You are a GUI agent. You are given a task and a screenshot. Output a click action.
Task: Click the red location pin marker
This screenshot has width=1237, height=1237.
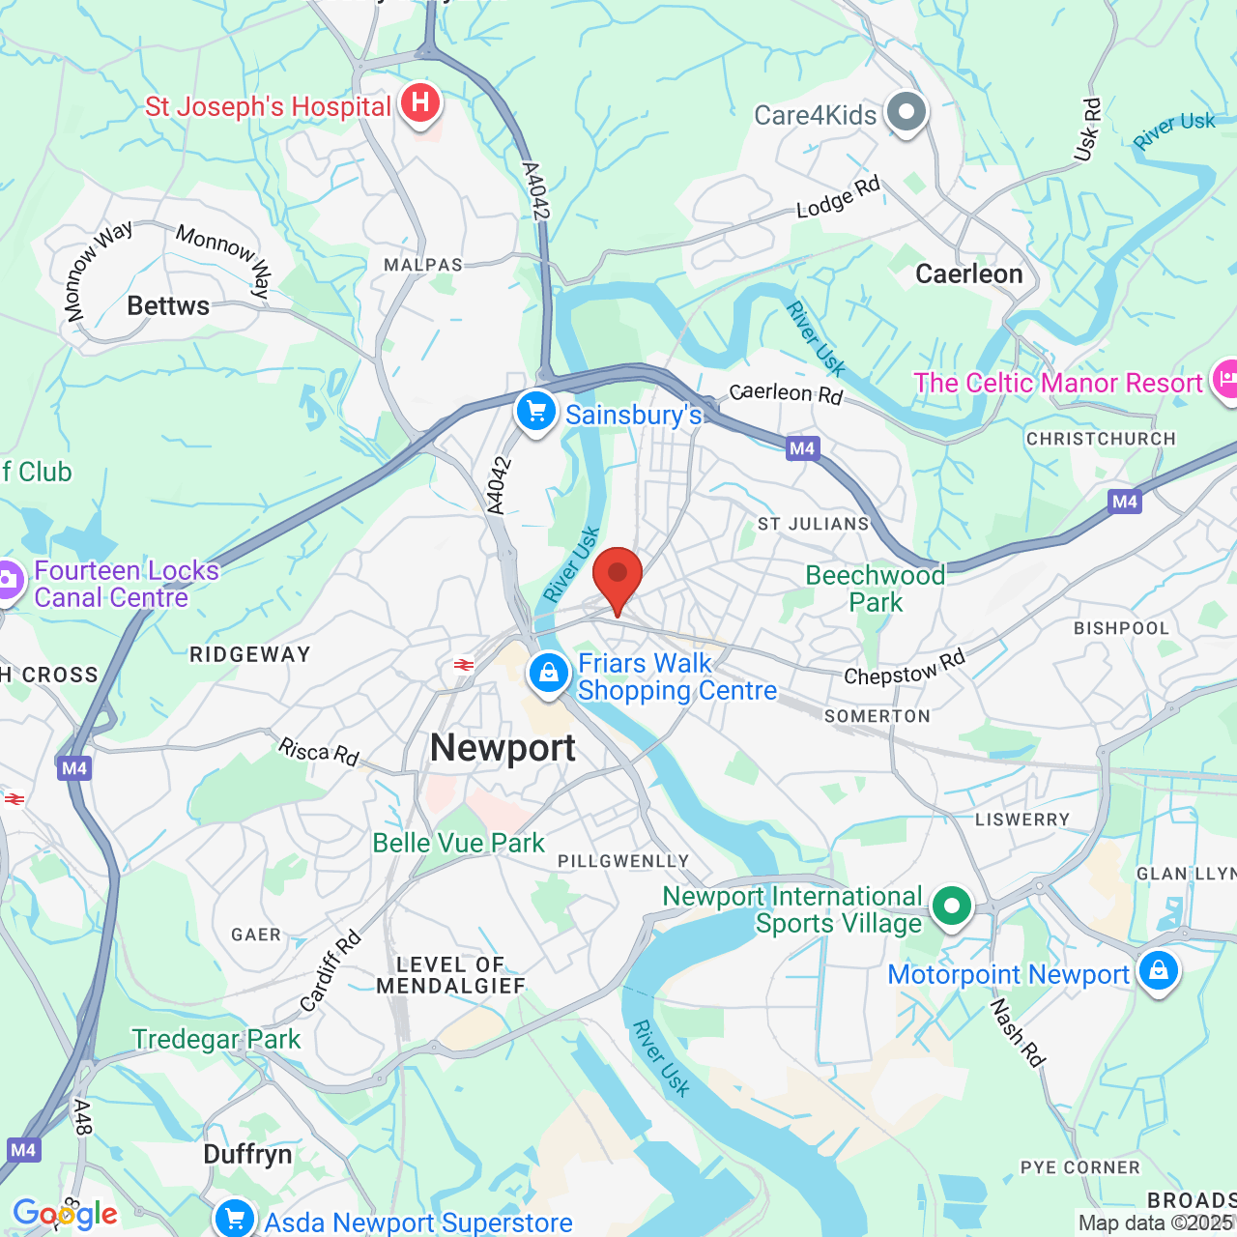tap(618, 578)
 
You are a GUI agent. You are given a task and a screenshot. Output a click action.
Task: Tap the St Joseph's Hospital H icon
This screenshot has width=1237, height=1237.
tap(420, 102)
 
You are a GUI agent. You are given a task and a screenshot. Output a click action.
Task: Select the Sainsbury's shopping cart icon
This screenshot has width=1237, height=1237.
tap(536, 412)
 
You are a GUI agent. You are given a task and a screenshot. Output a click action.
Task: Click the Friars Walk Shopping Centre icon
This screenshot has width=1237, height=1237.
tap(549, 672)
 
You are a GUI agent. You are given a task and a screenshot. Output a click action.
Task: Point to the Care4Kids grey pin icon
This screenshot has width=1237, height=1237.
tap(906, 112)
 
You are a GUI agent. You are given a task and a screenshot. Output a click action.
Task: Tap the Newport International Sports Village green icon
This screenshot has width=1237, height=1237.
tap(952, 906)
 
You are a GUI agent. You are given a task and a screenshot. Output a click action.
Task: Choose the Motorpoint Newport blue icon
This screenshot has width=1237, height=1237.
tap(1158, 969)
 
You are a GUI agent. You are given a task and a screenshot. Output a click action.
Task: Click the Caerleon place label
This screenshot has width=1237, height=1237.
tap(968, 274)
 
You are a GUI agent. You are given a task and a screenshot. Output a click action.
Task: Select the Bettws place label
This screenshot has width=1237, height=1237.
tap(168, 306)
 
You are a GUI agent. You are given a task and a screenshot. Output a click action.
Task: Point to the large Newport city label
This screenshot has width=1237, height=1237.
tap(503, 749)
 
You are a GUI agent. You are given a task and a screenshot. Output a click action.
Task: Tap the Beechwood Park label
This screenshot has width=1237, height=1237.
tap(876, 589)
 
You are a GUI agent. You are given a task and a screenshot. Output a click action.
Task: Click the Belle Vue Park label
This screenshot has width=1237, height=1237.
tap(459, 843)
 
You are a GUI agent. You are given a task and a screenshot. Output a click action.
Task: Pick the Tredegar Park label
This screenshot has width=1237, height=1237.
tap(216, 1039)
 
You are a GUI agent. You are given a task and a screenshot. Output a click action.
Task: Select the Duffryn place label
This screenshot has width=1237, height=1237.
tap(247, 1155)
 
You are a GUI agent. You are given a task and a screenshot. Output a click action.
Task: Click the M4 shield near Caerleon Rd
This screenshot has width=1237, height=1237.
tap(802, 448)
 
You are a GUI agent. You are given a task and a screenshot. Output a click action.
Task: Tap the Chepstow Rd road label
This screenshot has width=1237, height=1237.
tap(905, 668)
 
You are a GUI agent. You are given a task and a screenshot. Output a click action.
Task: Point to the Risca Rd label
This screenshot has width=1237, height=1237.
tap(319, 751)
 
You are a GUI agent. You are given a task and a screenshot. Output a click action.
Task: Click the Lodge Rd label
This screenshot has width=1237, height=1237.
tap(838, 197)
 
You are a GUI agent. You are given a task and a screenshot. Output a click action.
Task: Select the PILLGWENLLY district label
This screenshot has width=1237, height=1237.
tap(623, 861)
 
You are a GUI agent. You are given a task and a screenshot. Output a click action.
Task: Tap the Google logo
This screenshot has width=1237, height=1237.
tap(65, 1214)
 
